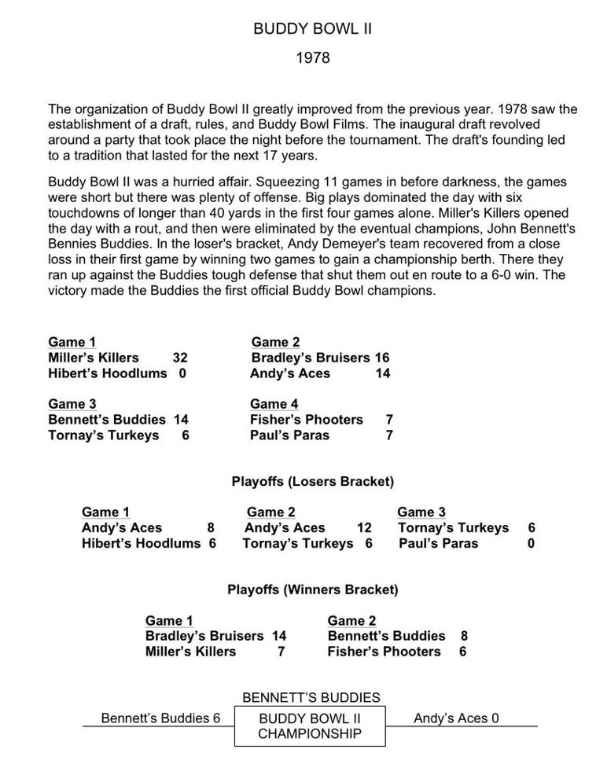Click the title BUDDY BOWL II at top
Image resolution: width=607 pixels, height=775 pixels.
tap(312, 29)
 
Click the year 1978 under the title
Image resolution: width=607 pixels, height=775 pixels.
tap(312, 57)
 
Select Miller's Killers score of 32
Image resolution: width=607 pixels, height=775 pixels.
tap(179, 358)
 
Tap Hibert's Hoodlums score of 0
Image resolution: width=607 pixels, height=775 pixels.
tap(182, 373)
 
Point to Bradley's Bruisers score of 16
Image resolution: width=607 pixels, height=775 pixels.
tap(381, 358)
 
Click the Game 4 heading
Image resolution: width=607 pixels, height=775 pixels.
tap(274, 404)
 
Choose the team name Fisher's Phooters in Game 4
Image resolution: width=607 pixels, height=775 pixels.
tap(307, 420)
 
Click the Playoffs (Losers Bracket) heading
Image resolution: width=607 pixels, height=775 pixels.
tap(312, 481)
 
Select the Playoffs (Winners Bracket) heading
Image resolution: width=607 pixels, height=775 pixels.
tap(312, 590)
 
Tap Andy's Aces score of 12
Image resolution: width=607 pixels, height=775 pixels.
tap(364, 528)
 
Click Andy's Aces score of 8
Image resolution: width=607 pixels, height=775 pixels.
tap(211, 528)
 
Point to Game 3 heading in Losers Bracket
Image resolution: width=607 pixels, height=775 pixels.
tap(421, 512)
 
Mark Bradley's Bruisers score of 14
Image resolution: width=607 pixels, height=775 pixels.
tap(279, 636)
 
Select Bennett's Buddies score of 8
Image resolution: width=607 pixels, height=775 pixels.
tap(464, 636)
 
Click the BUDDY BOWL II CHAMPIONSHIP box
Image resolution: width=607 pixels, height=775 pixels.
tap(310, 726)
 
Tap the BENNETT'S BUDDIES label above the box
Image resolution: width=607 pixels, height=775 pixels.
tap(311, 698)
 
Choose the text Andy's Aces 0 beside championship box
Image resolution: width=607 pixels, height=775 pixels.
tap(456, 718)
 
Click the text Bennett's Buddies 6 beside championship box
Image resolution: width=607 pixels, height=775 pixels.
tap(160, 718)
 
